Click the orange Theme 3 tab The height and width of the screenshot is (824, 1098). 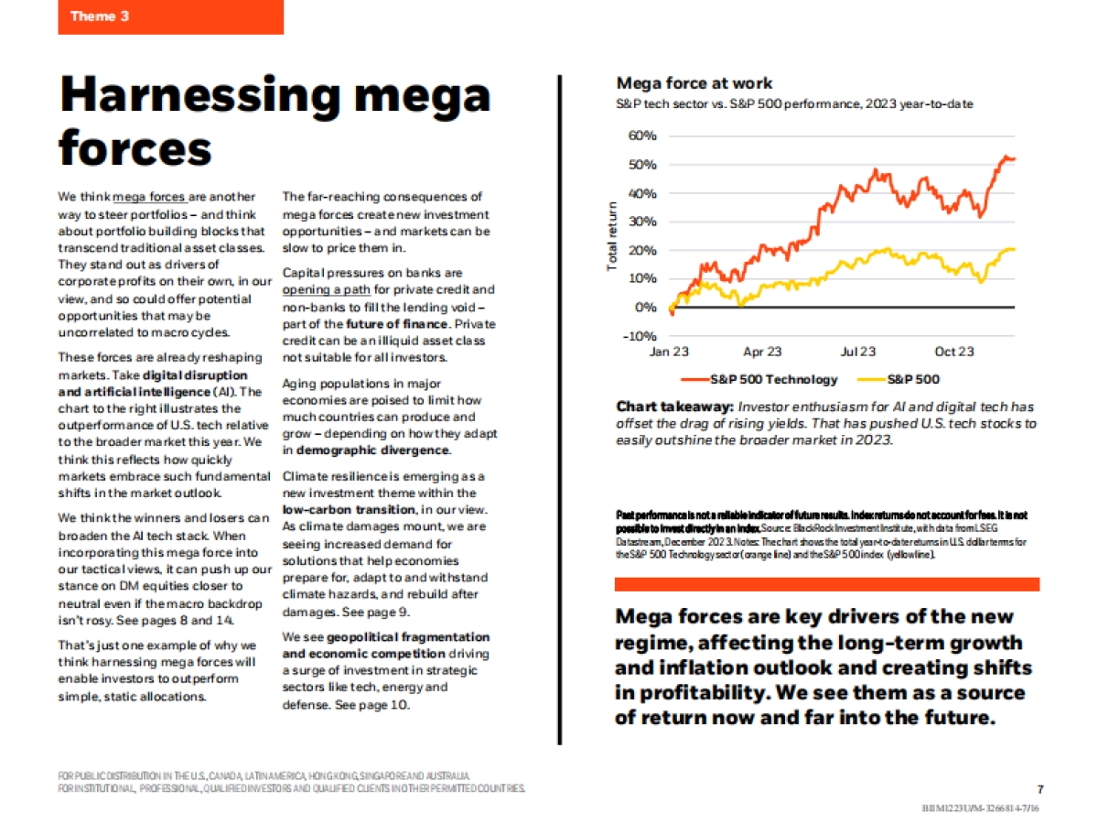coord(170,16)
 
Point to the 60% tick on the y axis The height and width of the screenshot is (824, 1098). coord(642,136)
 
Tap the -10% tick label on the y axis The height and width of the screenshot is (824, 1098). coord(640,335)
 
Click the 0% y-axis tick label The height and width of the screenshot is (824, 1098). coord(645,307)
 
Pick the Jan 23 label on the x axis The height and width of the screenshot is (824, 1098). coord(669,352)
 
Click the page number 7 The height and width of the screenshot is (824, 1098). coord(1040,789)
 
